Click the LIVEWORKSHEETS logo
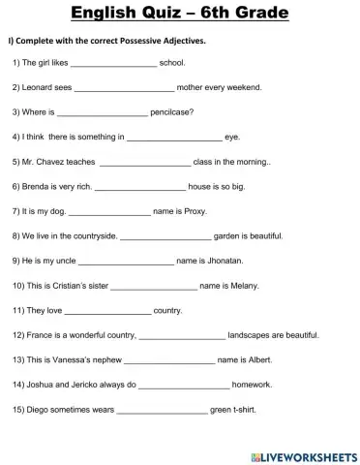tap(304, 454)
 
